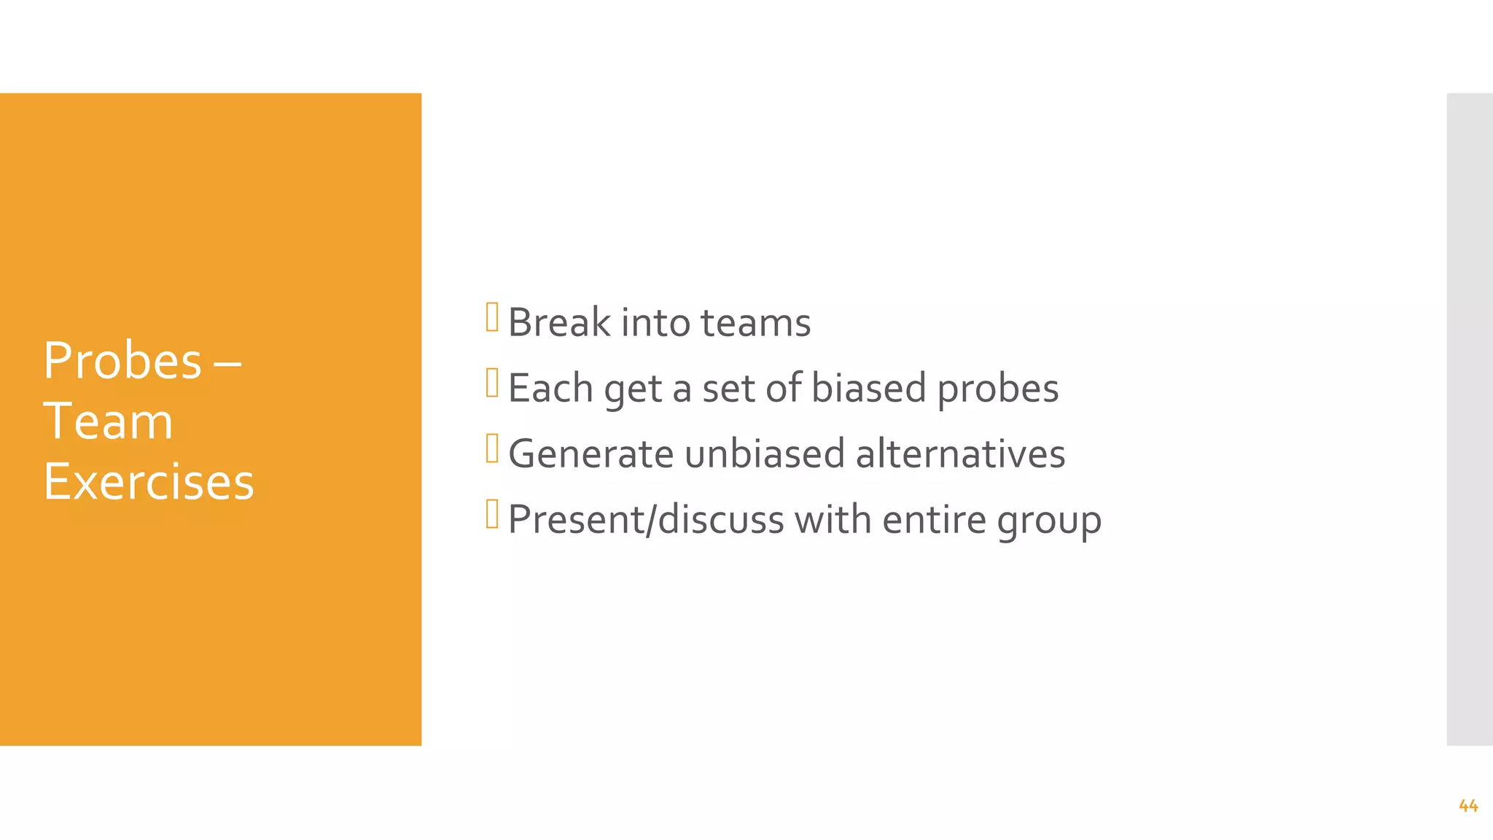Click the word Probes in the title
pos(122,361)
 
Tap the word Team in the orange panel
pos(108,421)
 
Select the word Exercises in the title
pos(149,482)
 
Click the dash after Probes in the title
pos(227,362)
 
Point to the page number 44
pos(1468,806)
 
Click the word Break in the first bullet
pos(559,322)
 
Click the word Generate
pos(590,454)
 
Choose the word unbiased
pos(764,454)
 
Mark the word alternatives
pos(960,454)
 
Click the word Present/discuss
pos(646,519)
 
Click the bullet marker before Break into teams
pos(492,317)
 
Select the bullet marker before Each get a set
pos(492,383)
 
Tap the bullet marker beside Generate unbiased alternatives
pos(492,448)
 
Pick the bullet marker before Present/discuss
pos(492,514)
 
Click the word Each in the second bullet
pos(550,388)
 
